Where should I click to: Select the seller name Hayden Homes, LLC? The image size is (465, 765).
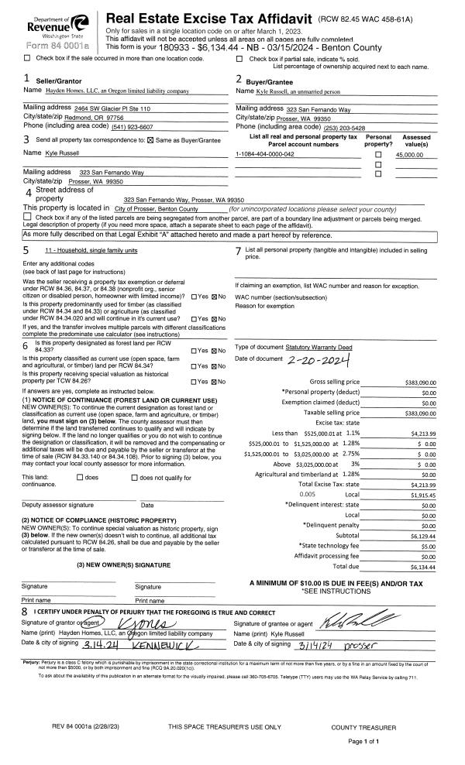pos(119,91)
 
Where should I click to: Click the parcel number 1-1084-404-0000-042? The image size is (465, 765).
pos(265,155)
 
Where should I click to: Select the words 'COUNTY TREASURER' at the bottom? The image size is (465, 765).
pos(363,727)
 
